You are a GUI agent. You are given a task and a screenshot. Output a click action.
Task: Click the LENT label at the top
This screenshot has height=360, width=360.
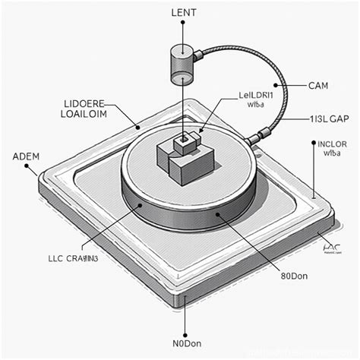183,14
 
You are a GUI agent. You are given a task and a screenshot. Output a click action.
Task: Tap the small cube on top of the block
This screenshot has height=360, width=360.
183,141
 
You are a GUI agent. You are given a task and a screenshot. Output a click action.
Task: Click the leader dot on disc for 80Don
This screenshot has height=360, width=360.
219,216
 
